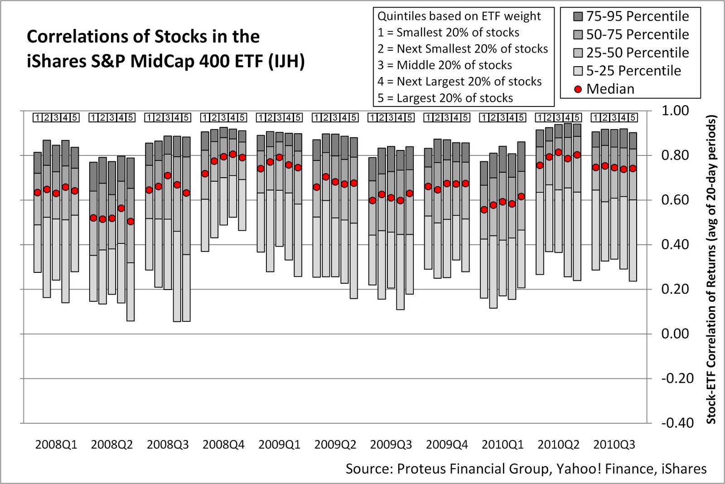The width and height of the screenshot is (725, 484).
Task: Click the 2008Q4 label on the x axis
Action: (x=223, y=445)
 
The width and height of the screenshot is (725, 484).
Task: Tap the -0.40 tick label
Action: (x=677, y=423)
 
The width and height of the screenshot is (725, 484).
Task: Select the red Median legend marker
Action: (x=578, y=89)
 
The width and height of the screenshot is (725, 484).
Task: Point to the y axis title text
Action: (x=711, y=270)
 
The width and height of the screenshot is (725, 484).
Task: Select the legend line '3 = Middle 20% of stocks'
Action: (x=445, y=65)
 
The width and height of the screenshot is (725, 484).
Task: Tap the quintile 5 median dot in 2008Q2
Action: (x=130, y=221)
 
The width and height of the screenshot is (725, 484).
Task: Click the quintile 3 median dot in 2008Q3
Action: (x=168, y=175)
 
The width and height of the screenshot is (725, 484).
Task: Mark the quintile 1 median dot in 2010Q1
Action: (x=484, y=209)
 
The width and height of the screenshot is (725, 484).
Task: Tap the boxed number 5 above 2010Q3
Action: (x=633, y=118)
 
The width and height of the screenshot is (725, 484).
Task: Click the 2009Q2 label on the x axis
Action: (x=335, y=445)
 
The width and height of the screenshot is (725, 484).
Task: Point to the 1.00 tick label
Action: (x=675, y=111)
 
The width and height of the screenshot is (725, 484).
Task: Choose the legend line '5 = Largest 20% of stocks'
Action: (x=445, y=98)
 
